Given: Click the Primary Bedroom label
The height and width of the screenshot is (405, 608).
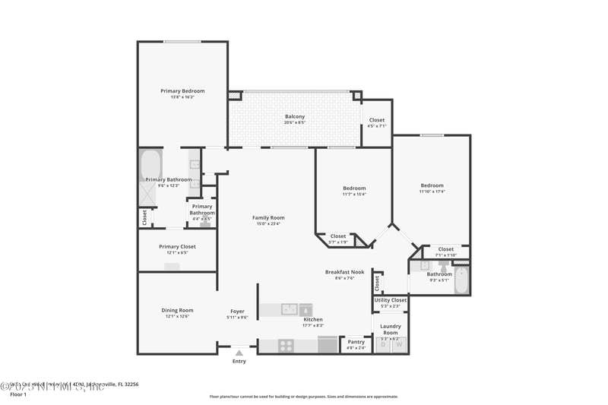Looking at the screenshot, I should [x=182, y=91].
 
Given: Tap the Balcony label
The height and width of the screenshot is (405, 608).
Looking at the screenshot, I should [x=295, y=116].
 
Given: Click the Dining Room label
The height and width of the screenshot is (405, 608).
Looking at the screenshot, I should [x=177, y=310].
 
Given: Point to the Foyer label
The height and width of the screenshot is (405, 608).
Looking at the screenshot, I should [x=238, y=311].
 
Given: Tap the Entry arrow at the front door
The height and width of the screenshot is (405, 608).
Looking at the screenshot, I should [x=239, y=353].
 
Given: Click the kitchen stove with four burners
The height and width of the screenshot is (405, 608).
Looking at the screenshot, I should [x=287, y=345].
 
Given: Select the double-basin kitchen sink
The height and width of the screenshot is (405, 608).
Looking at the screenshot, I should [x=289, y=309].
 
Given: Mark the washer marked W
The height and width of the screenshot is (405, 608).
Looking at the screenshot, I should [x=398, y=345].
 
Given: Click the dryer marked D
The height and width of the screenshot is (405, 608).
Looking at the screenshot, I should [x=383, y=345].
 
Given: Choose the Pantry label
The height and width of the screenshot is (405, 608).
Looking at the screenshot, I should [x=356, y=342].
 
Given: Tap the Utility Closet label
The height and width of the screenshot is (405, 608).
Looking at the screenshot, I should [x=391, y=300].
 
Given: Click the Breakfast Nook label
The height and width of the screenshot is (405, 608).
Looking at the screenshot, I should [x=344, y=272].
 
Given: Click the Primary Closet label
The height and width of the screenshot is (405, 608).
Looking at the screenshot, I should [x=177, y=247].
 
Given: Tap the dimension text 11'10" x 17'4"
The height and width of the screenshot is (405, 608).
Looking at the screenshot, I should [x=432, y=191].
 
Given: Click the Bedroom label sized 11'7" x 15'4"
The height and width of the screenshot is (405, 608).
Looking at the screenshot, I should [x=354, y=188].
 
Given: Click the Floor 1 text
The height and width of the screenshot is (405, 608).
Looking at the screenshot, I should [x=18, y=395].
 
